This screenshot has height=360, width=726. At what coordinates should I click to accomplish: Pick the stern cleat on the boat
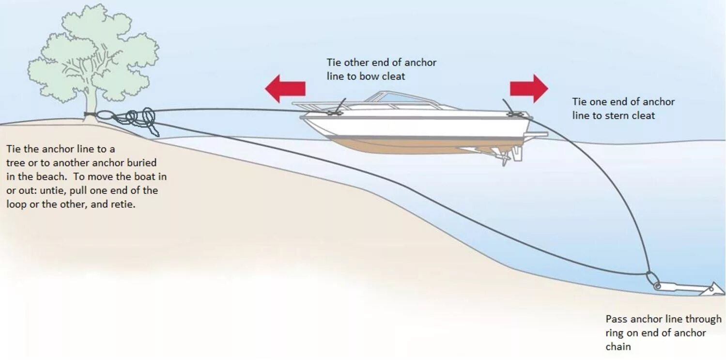514,114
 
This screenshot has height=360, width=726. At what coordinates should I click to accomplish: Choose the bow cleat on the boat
334,112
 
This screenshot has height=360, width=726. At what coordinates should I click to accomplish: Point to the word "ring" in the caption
615,333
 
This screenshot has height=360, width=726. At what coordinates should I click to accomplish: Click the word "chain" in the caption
618,347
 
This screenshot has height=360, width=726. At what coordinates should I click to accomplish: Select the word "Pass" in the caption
616,319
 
